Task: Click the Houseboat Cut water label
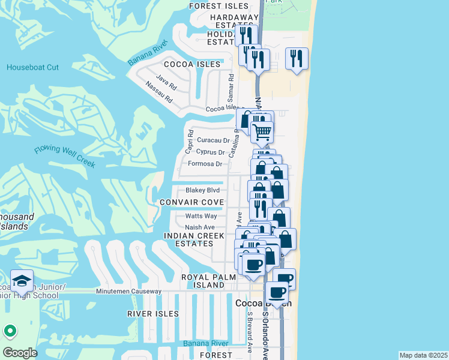pyautogui.click(x=32, y=67)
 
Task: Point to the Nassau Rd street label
pyautogui.click(x=160, y=90)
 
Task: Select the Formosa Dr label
pyautogui.click(x=205, y=164)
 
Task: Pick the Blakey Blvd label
pyautogui.click(x=202, y=190)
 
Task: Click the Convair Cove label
pyautogui.click(x=191, y=202)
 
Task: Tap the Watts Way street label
pyautogui.click(x=201, y=216)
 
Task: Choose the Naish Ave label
pyautogui.click(x=200, y=227)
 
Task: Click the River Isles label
pyautogui.click(x=153, y=314)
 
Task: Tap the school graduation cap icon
pyautogui.click(x=22, y=281)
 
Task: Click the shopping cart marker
pyautogui.click(x=261, y=132)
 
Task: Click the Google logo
pyautogui.click(x=20, y=353)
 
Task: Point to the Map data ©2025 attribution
pyautogui.click(x=423, y=355)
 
